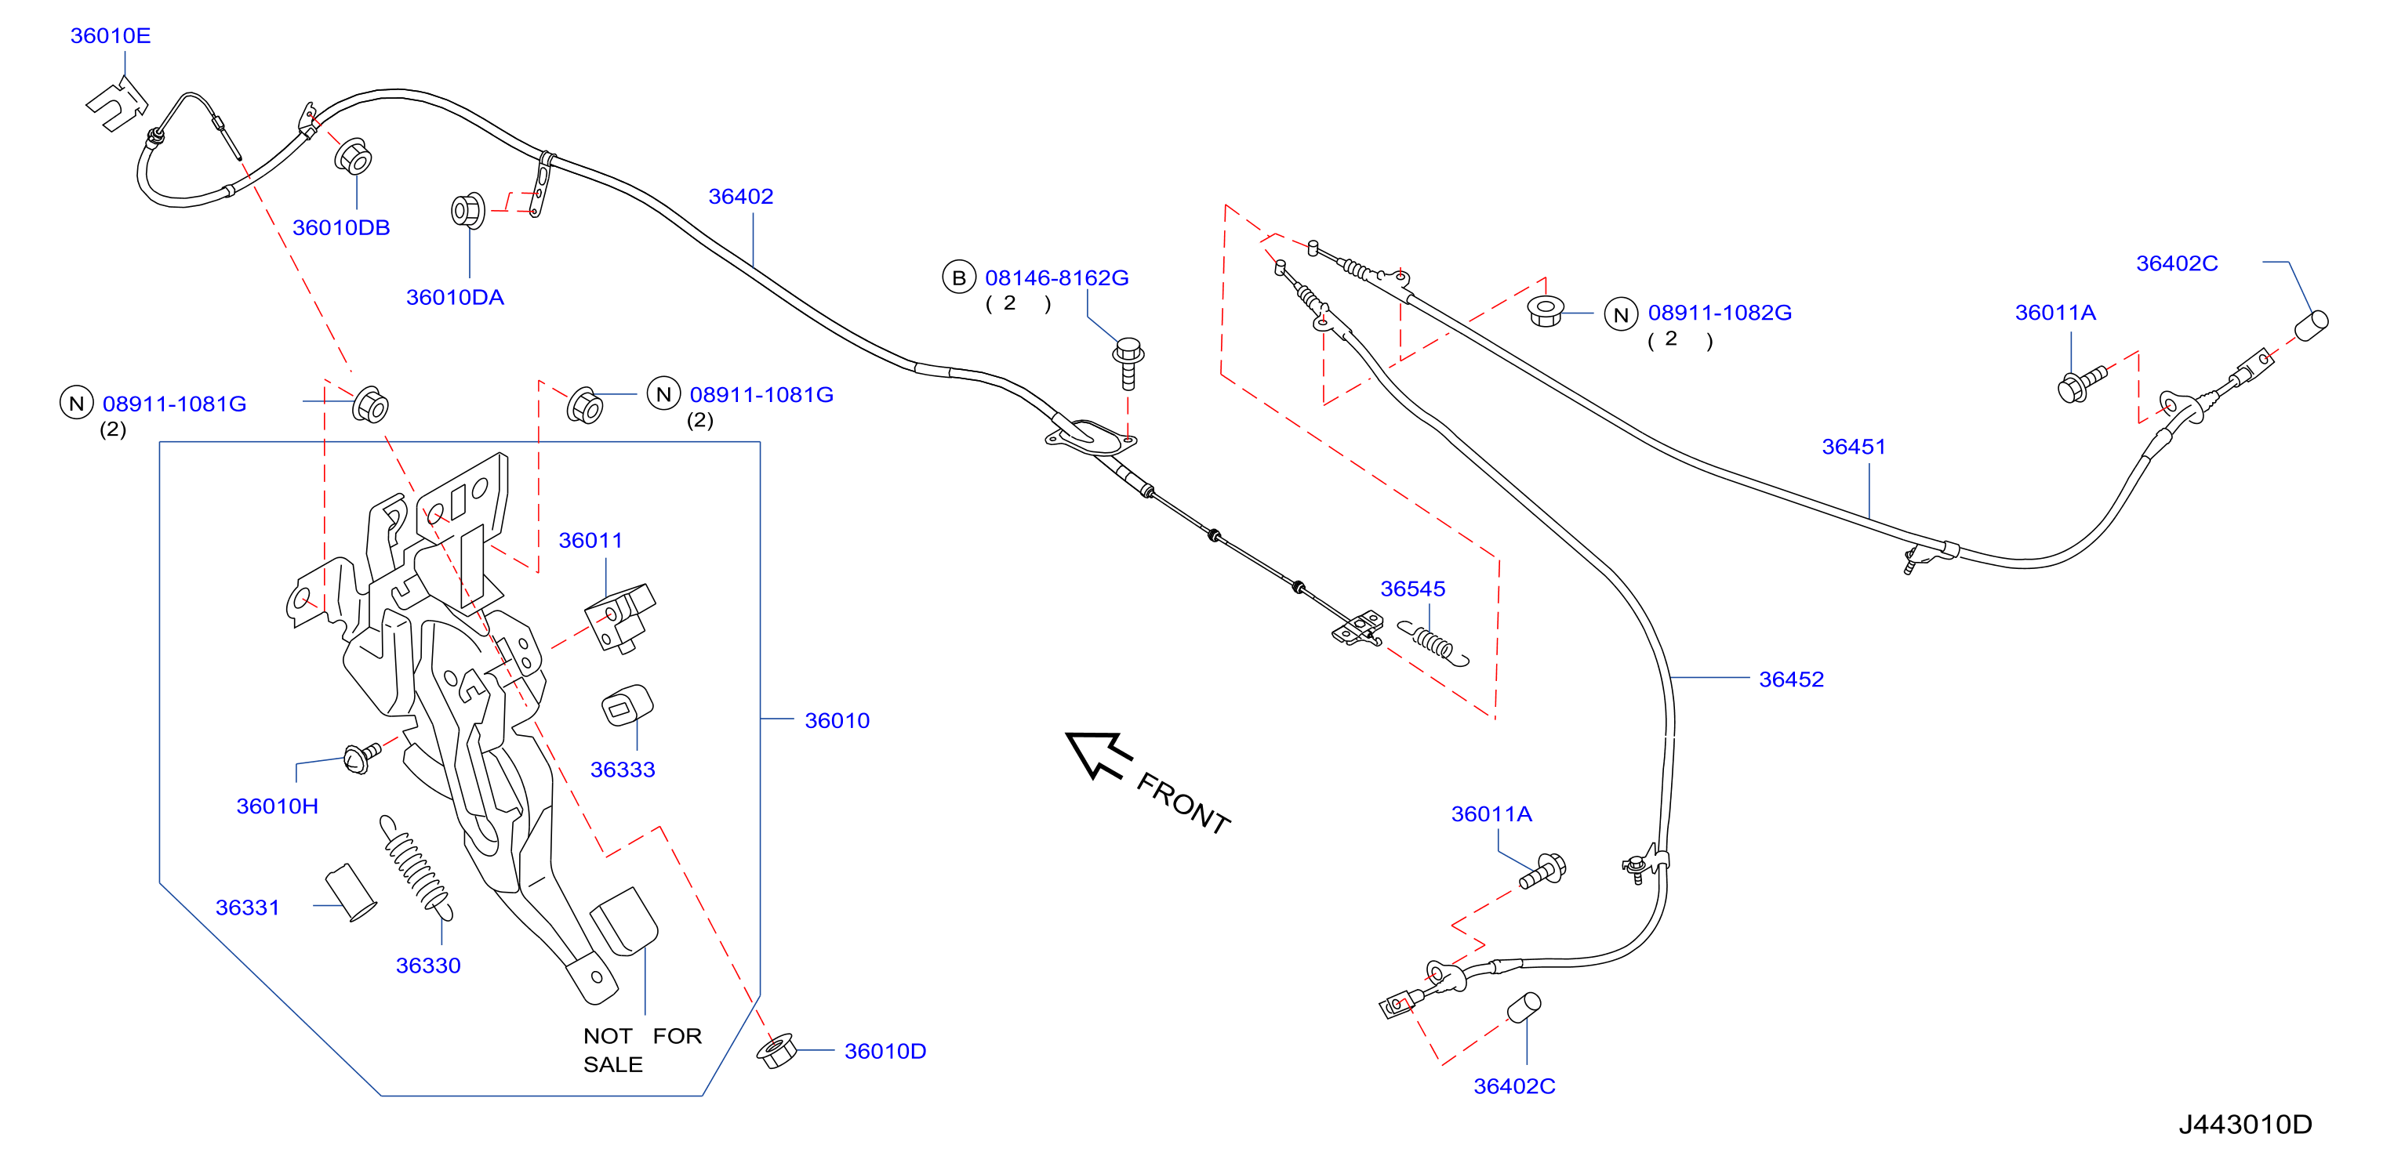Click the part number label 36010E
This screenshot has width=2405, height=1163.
(110, 35)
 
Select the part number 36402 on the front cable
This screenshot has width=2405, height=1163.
(740, 196)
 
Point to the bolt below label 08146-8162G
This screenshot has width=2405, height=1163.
(1128, 363)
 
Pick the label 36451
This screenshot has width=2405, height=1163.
(1853, 446)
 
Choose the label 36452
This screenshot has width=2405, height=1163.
(1791, 679)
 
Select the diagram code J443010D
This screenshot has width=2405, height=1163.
(2245, 1124)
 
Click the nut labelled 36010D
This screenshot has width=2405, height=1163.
(776, 1051)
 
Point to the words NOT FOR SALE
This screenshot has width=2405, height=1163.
(642, 1050)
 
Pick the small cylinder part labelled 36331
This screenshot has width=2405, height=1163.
(350, 893)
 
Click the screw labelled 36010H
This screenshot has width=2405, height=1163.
(362, 757)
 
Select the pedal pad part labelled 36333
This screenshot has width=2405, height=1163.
(627, 705)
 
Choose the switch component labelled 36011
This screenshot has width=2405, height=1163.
(619, 617)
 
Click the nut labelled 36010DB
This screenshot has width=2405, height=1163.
(354, 157)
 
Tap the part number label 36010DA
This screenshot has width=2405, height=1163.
(455, 297)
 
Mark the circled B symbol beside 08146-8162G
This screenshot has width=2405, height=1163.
(958, 277)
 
